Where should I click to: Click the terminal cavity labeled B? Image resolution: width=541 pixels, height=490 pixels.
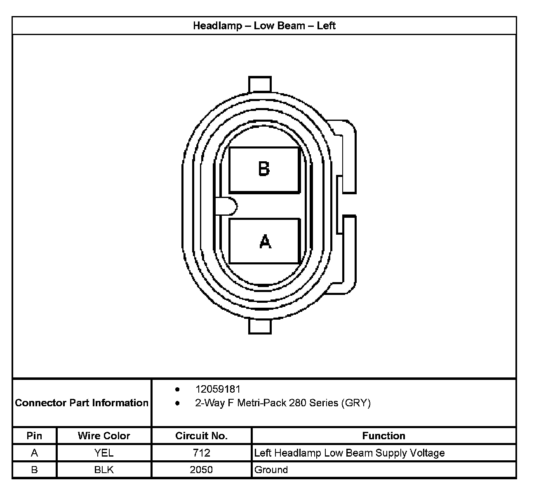pos(264,170)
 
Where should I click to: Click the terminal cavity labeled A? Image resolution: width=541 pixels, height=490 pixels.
pos(264,241)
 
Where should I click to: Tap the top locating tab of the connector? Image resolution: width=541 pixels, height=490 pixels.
pos(260,84)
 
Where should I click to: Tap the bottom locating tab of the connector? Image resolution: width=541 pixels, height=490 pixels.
pos(260,326)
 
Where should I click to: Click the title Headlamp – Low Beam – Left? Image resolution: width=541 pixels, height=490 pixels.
pos(264,26)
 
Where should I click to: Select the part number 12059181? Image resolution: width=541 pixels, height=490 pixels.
pos(218,389)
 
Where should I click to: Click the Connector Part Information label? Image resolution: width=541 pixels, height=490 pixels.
pos(82,403)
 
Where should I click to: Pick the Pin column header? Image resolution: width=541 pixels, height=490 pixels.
pos(34,436)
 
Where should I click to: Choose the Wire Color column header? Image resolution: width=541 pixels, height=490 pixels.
pos(104,436)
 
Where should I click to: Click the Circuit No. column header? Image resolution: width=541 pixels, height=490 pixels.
pos(201,436)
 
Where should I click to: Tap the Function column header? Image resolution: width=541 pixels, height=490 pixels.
pos(383,436)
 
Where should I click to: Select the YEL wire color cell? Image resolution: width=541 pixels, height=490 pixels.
pos(104,453)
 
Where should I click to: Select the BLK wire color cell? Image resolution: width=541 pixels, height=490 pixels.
pos(104,469)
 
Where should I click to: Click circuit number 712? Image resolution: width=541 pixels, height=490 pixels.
pos(201,453)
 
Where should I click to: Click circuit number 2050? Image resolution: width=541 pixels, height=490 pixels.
pos(201,469)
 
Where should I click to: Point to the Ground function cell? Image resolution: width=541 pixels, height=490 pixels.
pos(271,469)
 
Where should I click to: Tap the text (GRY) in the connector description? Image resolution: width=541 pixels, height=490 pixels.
pos(356,403)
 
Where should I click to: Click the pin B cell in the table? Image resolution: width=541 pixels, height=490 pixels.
pos(34,469)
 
